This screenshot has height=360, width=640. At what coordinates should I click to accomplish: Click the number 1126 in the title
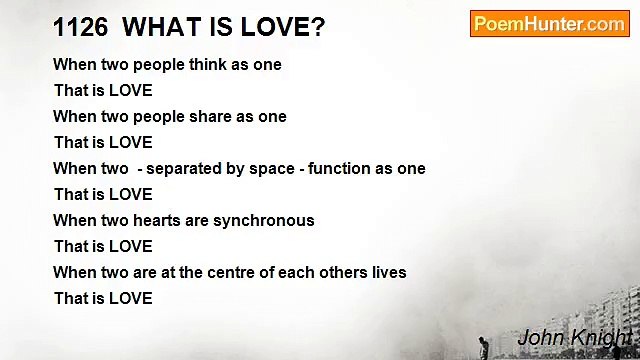point(79,27)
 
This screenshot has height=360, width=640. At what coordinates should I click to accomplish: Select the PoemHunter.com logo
point(549,24)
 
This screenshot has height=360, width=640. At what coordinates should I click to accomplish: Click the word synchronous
point(264,220)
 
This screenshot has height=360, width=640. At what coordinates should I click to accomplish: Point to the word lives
point(388,272)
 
